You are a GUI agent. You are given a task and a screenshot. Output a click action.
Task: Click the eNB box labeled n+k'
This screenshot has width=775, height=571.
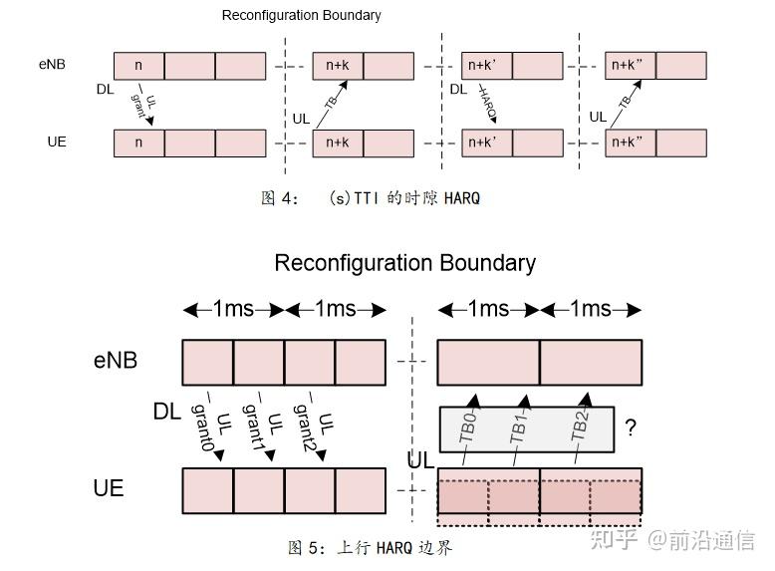(487, 65)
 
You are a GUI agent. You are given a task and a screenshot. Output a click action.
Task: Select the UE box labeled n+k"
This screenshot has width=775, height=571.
(631, 143)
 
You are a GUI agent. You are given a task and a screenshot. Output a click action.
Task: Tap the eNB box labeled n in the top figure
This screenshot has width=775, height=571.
(138, 66)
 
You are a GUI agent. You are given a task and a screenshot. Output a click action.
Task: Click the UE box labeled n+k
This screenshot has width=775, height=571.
(338, 143)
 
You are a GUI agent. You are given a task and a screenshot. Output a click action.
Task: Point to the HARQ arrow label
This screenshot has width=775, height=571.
(488, 104)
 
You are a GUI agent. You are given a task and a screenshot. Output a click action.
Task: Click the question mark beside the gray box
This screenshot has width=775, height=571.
(631, 428)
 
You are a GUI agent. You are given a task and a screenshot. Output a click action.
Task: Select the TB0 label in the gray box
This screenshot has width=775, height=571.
(467, 427)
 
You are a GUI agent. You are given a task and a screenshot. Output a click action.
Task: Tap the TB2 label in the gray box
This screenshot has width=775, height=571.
(580, 425)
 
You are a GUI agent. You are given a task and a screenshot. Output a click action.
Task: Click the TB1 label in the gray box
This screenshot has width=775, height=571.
(518, 428)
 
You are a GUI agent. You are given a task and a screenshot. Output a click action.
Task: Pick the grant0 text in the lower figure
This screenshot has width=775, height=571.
(201, 427)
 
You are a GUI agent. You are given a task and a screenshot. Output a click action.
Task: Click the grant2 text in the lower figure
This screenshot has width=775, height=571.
(304, 428)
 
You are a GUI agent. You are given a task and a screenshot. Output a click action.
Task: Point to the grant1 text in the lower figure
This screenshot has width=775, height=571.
(253, 428)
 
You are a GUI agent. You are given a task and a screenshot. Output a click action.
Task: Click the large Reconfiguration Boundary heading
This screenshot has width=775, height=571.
(404, 263)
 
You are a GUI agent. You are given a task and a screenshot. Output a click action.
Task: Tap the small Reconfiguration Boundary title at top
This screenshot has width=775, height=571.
(302, 15)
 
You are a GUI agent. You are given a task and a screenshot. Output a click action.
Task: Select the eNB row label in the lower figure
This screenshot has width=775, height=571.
(116, 360)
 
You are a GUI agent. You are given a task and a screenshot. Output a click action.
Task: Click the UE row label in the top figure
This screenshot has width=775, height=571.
(57, 142)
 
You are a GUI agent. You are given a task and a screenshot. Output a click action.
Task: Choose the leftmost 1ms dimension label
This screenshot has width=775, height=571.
(233, 309)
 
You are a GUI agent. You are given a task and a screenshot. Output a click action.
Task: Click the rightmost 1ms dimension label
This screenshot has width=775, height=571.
(591, 309)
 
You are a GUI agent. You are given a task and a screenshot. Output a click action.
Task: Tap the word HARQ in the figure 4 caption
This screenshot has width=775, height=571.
(462, 198)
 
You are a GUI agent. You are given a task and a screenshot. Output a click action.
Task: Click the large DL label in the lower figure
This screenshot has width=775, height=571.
(167, 412)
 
